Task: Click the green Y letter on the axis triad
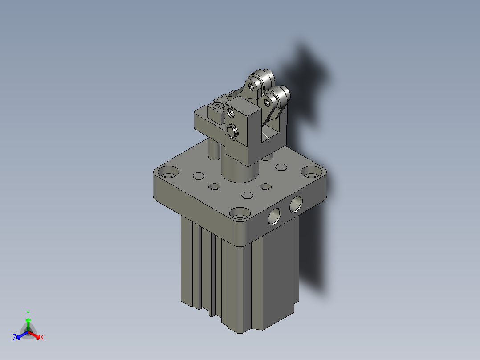tap(28, 313)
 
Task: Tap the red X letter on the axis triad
tap(41, 338)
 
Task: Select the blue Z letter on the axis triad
tap(15, 338)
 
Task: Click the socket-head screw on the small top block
tap(217, 106)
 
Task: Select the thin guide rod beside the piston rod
tap(214, 149)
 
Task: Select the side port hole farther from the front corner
tap(295, 205)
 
